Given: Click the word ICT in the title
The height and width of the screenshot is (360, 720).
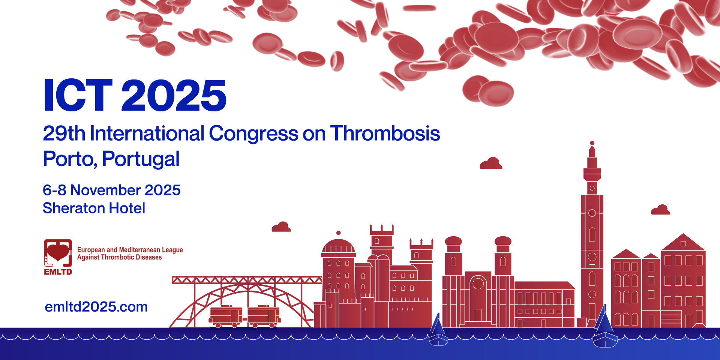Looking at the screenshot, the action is (x=78, y=95).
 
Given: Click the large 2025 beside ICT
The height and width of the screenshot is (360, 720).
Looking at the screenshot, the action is (x=174, y=95).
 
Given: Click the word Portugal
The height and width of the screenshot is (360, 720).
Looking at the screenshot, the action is (x=141, y=159).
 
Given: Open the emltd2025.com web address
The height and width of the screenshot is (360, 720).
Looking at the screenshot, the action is (x=96, y=307).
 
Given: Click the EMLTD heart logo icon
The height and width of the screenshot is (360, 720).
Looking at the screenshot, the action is (x=58, y=257).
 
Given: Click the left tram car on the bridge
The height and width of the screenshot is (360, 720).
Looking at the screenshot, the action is (x=226, y=316).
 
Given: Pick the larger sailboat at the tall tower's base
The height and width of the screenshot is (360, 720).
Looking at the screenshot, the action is (x=604, y=326).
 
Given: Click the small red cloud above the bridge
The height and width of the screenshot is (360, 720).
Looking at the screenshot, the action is (x=281, y=227).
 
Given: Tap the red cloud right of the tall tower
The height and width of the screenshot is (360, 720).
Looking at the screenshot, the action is (x=660, y=210).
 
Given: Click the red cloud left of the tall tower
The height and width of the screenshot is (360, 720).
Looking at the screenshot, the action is (x=491, y=163).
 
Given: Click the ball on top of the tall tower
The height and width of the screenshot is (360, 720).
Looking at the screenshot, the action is (x=592, y=143).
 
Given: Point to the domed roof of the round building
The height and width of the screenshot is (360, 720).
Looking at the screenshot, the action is (x=338, y=246).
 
